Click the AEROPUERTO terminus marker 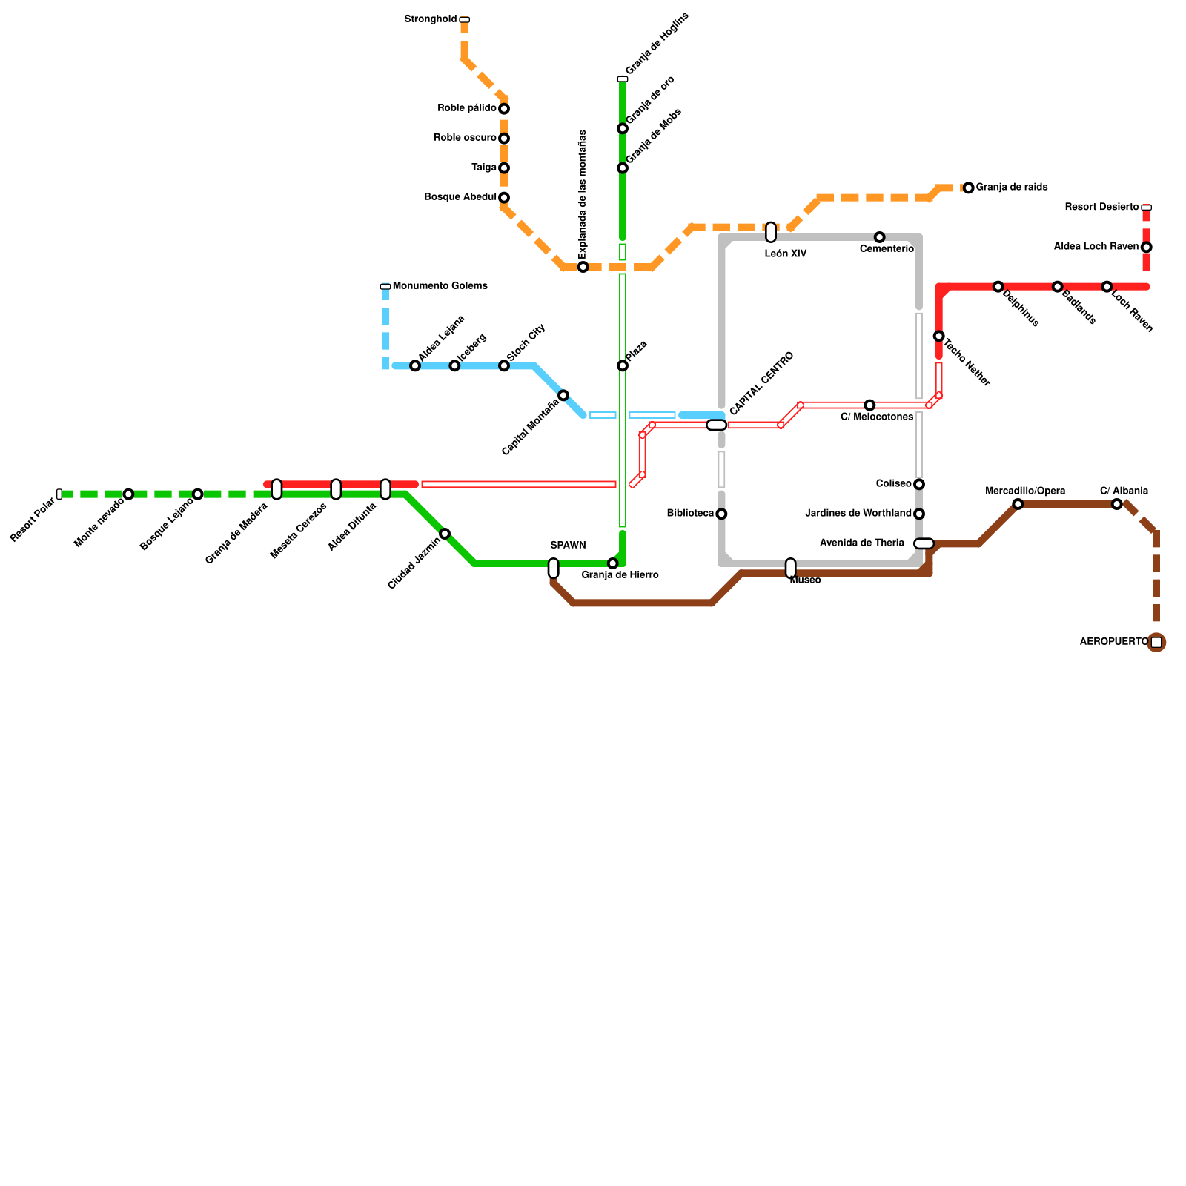pos(1156,643)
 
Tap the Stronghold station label pos(430,19)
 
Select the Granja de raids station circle pos(968,188)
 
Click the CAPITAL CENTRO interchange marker pos(716,425)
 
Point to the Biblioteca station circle pos(721,514)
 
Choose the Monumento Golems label pos(440,286)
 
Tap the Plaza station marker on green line pos(623,366)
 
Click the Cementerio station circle pos(879,237)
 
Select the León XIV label pos(785,254)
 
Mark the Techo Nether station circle pos(938,337)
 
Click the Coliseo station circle pos(919,485)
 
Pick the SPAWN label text pos(568,546)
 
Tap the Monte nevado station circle pos(128,494)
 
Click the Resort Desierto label pos(1101,208)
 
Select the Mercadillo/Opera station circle pos(1018,504)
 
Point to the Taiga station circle pos(504,168)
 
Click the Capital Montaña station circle pos(563,396)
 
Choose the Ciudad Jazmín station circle pos(445,534)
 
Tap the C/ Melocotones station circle pos(869,405)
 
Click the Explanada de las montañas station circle pos(583,267)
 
